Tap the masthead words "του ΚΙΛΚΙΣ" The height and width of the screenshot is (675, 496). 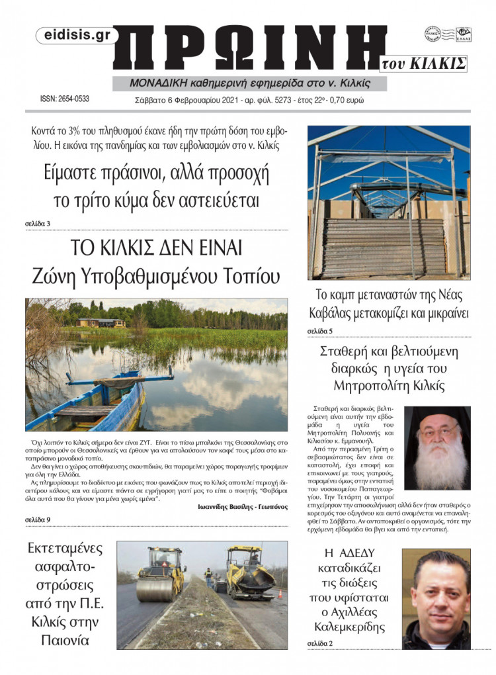424,64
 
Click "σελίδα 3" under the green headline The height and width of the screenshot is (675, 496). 38,223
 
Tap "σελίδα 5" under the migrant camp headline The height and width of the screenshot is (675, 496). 321,330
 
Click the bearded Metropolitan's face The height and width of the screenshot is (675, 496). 437,437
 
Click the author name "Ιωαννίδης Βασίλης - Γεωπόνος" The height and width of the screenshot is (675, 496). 233,508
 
